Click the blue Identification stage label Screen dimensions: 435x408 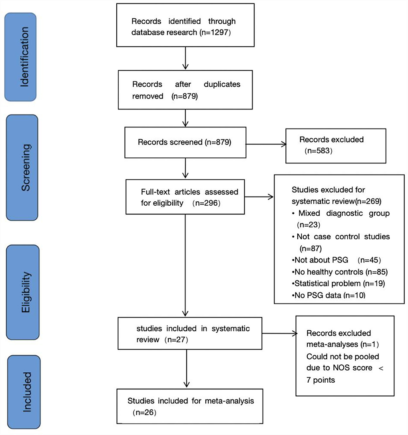[20, 57]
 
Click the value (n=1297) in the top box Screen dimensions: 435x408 [215, 32]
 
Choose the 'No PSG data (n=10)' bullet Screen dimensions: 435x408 [329, 295]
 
